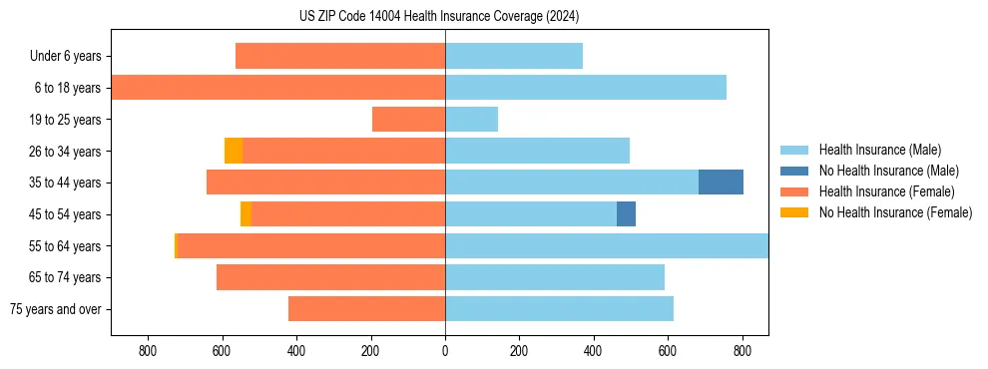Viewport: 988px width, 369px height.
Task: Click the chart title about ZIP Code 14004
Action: [x=439, y=17]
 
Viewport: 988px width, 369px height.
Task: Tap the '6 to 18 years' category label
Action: [x=67, y=88]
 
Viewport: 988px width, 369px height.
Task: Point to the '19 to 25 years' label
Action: [x=65, y=120]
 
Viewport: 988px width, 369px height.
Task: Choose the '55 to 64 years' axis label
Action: [x=65, y=246]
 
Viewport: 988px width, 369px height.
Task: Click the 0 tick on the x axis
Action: [x=445, y=351]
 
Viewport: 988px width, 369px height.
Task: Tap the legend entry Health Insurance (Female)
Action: [x=886, y=191]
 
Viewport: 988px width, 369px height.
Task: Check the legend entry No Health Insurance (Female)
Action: [x=895, y=212]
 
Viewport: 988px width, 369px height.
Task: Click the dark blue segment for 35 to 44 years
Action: [x=721, y=183]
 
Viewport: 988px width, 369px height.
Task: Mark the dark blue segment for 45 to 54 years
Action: [x=626, y=214]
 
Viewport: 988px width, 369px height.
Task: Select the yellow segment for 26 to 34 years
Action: [x=234, y=151]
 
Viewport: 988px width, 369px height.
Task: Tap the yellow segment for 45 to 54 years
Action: [x=246, y=214]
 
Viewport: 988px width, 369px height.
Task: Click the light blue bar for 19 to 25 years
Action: [x=471, y=120]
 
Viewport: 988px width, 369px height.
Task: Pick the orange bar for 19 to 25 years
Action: [x=408, y=120]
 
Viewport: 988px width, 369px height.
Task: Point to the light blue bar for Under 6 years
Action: [x=514, y=56]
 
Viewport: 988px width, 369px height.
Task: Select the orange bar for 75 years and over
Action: [x=366, y=309]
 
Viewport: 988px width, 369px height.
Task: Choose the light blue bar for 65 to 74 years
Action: [x=555, y=277]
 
